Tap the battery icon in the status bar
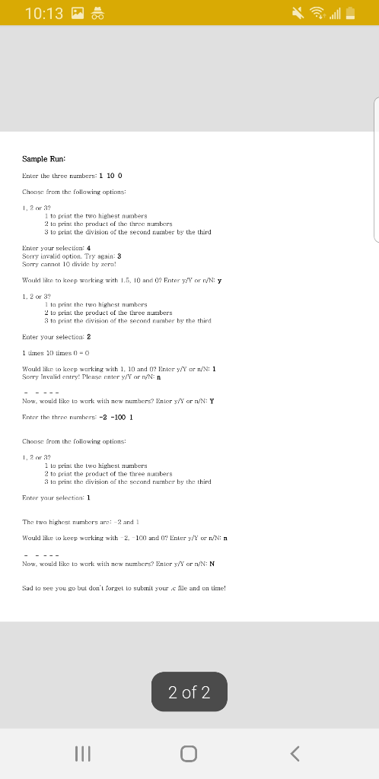point(351,13)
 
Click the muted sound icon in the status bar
point(293,13)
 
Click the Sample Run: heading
point(43,158)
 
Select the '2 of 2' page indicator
point(189,692)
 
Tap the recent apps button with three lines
point(82,753)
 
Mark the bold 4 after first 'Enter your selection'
point(89,248)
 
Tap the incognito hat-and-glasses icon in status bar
point(97,13)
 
